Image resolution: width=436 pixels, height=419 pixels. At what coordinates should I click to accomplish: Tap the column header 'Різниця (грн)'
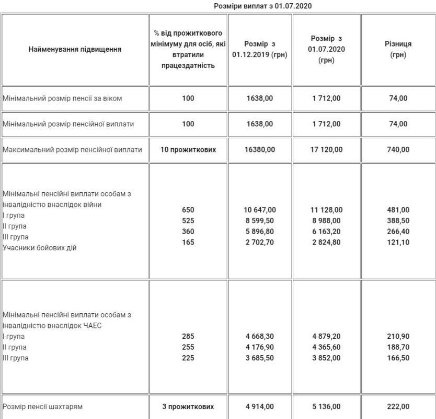[398, 50]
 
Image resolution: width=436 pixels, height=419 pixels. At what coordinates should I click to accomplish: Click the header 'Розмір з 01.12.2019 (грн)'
[260, 50]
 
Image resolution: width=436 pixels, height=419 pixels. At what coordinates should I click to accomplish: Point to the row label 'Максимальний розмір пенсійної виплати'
[73, 149]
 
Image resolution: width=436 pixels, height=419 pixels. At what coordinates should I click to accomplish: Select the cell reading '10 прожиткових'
[188, 149]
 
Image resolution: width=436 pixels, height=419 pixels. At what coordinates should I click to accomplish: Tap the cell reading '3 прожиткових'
[188, 406]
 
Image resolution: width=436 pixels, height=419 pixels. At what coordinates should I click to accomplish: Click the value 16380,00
[259, 149]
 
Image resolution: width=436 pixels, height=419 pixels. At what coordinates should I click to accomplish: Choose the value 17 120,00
[326, 149]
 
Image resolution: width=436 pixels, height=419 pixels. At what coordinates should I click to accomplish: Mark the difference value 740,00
[398, 149]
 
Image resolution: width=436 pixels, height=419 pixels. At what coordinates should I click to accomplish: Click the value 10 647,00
[259, 210]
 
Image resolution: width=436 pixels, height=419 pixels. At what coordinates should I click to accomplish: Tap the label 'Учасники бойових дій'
[40, 248]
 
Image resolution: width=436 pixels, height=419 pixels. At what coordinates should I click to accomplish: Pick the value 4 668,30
[259, 336]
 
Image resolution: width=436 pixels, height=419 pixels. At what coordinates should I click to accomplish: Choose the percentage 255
[188, 347]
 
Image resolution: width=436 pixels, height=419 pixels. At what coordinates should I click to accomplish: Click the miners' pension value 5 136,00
[326, 406]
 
